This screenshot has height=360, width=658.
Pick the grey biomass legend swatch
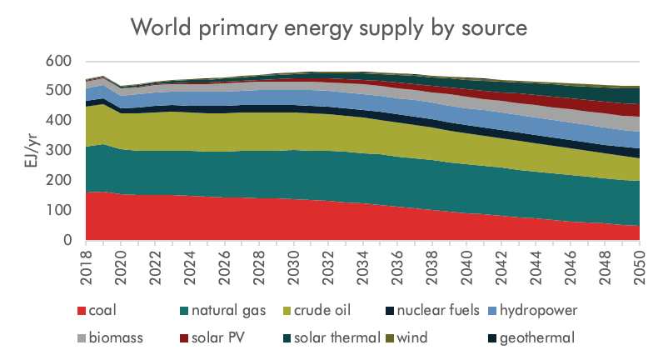click(82, 337)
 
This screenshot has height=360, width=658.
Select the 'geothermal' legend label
click(541, 337)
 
